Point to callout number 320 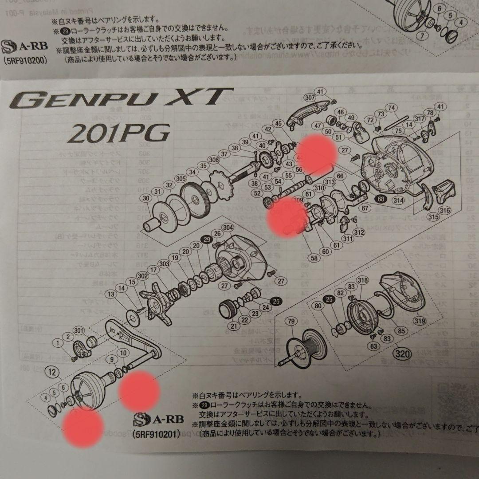400,354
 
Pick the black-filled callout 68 381,199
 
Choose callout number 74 391,108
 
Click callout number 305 180,178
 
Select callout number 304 228,228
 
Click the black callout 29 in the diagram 206,239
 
